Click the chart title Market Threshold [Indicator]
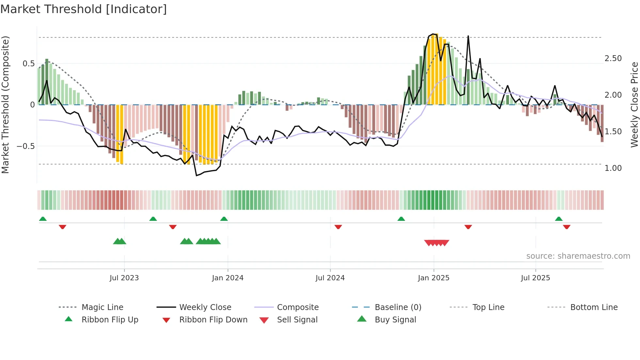84,9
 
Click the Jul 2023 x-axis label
124,278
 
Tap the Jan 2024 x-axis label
228,278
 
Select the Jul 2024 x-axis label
330,278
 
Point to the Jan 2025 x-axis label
434,278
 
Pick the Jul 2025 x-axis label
536,278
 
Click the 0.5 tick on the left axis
28,64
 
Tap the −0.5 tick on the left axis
26,146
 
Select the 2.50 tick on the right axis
613,58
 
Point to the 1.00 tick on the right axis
613,168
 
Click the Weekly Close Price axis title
634,105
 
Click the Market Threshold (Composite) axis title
5,105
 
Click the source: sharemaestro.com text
578,256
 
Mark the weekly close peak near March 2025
468,36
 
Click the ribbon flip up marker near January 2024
224,219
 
